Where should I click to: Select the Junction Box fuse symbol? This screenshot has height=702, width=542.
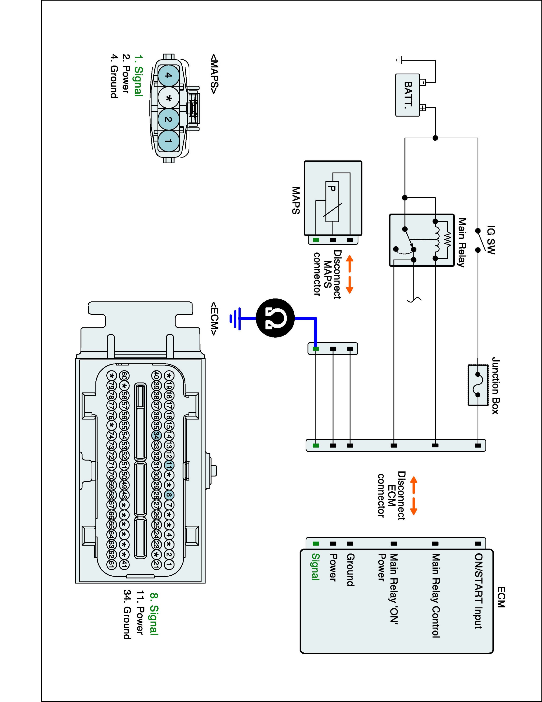tap(478, 385)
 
